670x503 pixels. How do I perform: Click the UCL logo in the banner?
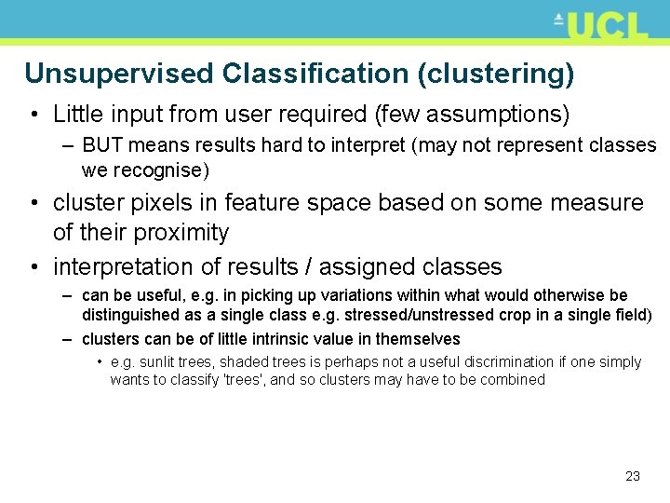point(602,25)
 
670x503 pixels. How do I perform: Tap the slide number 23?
point(633,476)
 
